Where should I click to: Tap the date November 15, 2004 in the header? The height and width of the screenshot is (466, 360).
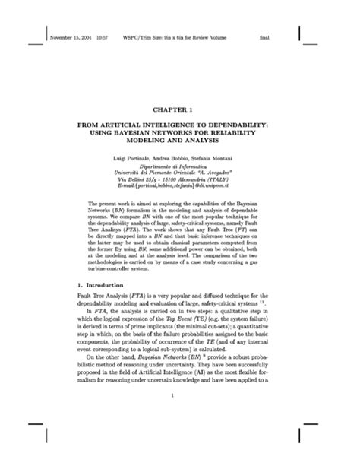(71, 36)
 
